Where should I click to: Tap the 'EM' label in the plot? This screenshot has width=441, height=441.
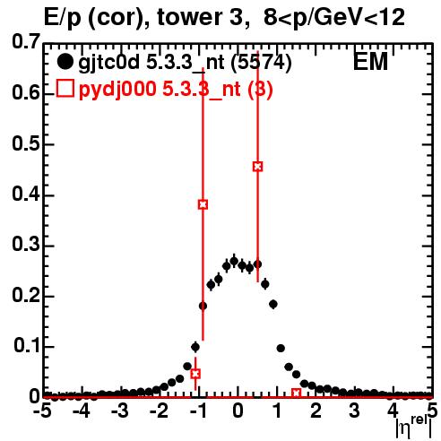pyautogui.click(x=370, y=62)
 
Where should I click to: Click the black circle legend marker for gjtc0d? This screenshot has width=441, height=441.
pyautogui.click(x=65, y=63)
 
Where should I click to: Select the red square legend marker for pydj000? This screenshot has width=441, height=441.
pyautogui.click(x=65, y=88)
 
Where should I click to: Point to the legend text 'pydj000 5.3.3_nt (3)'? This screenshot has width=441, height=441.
pyautogui.click(x=176, y=89)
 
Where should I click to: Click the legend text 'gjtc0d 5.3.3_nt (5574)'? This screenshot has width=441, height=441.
pyautogui.click(x=185, y=63)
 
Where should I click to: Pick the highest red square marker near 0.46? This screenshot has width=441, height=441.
pyautogui.click(x=257, y=167)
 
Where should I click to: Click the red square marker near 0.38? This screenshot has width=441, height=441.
pyautogui.click(x=203, y=204)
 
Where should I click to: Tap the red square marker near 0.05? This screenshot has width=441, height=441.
pyautogui.click(x=195, y=374)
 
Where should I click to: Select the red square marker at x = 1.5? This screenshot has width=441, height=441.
pyautogui.click(x=296, y=393)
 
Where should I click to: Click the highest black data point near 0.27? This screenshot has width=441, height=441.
pyautogui.click(x=234, y=262)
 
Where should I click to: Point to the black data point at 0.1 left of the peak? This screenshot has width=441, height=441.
pyautogui.click(x=195, y=347)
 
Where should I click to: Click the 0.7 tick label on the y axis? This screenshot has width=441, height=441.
pyautogui.click(x=26, y=41)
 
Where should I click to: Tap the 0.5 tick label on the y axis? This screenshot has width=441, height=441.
pyautogui.click(x=26, y=143)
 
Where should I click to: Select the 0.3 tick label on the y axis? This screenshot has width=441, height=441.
pyautogui.click(x=26, y=245)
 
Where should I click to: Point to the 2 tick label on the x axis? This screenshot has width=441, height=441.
pyautogui.click(x=316, y=411)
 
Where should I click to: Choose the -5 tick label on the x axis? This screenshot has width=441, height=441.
pyautogui.click(x=42, y=411)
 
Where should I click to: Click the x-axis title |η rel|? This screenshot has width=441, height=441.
pyautogui.click(x=414, y=428)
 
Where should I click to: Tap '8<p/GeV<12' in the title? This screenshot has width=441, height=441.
pyautogui.click(x=334, y=17)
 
